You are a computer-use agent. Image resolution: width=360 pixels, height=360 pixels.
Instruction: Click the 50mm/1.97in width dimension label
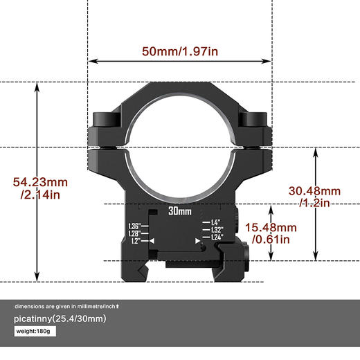pos(179,51)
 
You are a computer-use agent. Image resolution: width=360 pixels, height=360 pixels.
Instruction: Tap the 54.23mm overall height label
pos(41,182)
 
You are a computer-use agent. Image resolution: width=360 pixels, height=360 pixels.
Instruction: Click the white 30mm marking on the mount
pos(179,213)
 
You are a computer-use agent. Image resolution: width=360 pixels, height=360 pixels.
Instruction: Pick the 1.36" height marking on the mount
pos(134,226)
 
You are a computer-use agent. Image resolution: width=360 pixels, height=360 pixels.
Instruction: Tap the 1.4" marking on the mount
pos(215,222)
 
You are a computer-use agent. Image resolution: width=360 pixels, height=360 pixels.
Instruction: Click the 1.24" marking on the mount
pos(217,237)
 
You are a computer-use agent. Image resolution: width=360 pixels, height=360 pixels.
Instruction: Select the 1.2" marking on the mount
pos(135,241)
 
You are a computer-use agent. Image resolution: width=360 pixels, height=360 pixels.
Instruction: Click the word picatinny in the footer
pos(35,318)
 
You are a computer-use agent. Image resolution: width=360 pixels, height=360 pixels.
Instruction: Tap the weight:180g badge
pos(35,332)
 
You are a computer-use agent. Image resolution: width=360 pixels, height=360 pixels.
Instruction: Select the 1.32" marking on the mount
pos(217,230)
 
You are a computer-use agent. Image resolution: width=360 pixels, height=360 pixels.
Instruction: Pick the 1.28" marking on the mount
pos(134,233)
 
